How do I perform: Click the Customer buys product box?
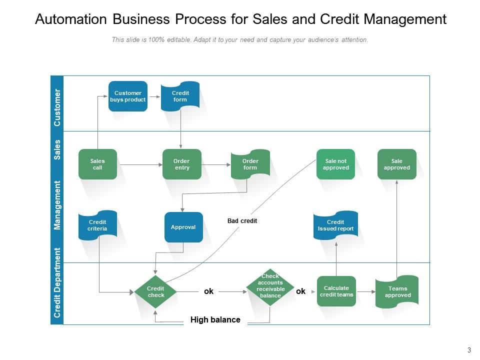pyautogui.click(x=128, y=96)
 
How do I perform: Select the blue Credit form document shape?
pyautogui.click(x=180, y=96)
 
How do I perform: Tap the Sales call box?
pyautogui.click(x=97, y=164)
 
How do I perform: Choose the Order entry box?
pyautogui.click(x=182, y=164)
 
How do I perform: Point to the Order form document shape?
pyautogui.click(x=250, y=164)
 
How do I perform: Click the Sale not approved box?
pyautogui.click(x=335, y=164)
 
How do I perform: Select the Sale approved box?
pyautogui.click(x=396, y=164)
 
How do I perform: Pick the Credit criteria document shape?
pyautogui.click(x=97, y=225)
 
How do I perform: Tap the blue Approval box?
pyautogui.click(x=183, y=227)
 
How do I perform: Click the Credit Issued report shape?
pyautogui.click(x=335, y=225)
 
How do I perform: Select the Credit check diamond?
pyautogui.click(x=156, y=291)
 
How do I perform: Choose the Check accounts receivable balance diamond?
pyautogui.click(x=270, y=286)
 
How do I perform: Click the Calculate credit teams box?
pyautogui.click(x=336, y=291)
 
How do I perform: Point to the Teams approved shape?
pyautogui.click(x=397, y=291)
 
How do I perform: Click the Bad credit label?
pyautogui.click(x=242, y=221)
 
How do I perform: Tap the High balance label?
pyautogui.click(x=215, y=320)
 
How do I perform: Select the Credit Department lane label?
pyautogui.click(x=57, y=283)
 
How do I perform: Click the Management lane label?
pyautogui.click(x=57, y=205)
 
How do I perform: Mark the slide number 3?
pyautogui.click(x=469, y=349)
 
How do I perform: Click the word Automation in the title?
pyautogui.click(x=71, y=19)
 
